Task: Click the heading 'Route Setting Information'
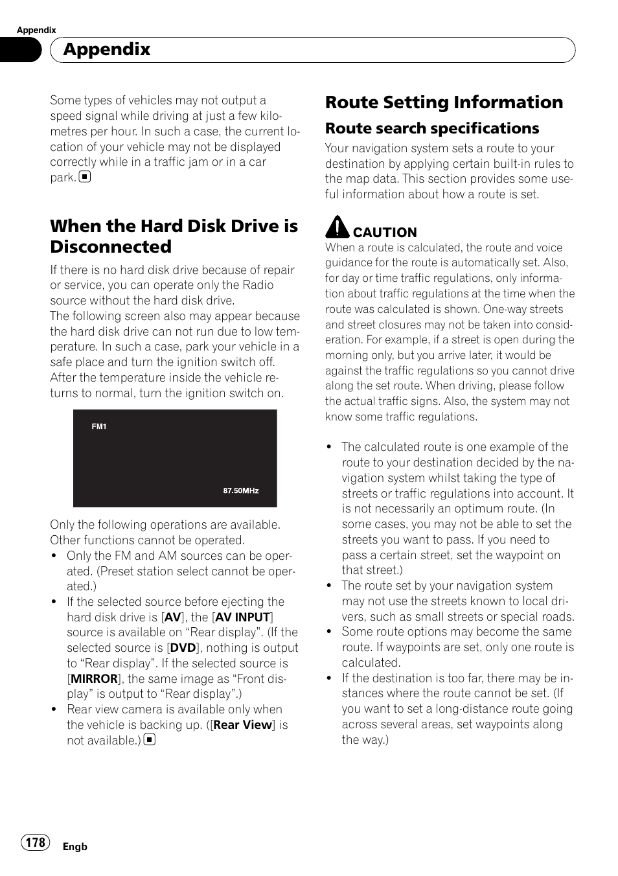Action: click(444, 102)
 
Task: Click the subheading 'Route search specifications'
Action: click(431, 128)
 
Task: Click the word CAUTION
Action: click(385, 233)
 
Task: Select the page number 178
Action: click(36, 842)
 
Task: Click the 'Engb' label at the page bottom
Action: click(74, 847)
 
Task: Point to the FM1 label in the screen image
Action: click(99, 426)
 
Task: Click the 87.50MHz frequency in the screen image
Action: click(241, 490)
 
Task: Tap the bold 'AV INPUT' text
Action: click(242, 617)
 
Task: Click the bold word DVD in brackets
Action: click(183, 648)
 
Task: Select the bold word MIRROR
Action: click(95, 679)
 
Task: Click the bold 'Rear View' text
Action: click(242, 725)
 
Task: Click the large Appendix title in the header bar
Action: click(107, 49)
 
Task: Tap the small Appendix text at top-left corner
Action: click(36, 30)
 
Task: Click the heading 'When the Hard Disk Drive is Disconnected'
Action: click(174, 236)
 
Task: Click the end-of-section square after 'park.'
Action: click(85, 177)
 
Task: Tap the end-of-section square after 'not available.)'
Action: click(150, 740)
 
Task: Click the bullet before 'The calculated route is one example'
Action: click(329, 447)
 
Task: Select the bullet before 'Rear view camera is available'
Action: click(54, 709)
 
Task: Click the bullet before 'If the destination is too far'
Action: click(329, 678)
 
